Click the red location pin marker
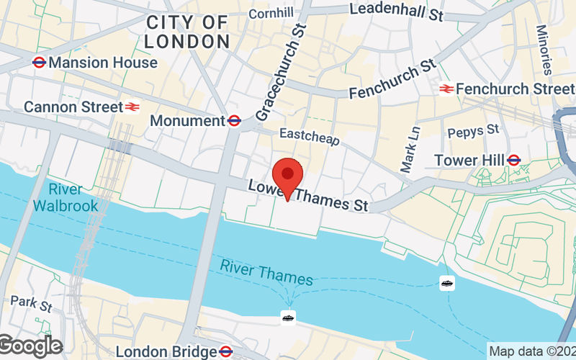click(289, 176)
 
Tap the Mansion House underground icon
click(40, 63)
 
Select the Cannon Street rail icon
click(132, 107)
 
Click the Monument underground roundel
click(234, 121)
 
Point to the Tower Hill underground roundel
click(514, 160)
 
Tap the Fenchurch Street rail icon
click(446, 89)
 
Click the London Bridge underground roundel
click(225, 352)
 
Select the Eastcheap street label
click(309, 137)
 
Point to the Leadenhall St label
click(395, 10)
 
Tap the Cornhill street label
click(271, 14)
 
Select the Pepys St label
click(473, 132)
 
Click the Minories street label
click(545, 50)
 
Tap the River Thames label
click(266, 273)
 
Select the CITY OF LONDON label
click(187, 32)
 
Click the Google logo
click(30, 346)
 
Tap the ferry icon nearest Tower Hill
click(447, 283)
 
